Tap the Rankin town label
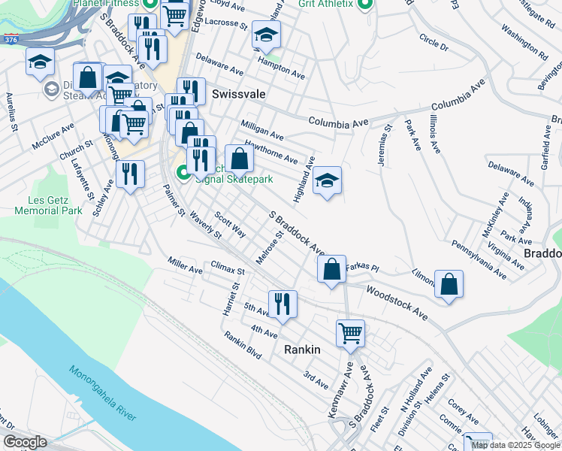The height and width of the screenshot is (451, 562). (302, 350)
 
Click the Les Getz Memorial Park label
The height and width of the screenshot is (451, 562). (55, 206)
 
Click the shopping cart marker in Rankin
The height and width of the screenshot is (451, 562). (351, 333)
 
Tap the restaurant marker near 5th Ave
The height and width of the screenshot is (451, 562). (283, 304)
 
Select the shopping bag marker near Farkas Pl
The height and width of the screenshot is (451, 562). (331, 268)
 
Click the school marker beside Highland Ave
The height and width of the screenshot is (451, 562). (327, 180)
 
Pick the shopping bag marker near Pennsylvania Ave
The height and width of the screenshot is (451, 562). (449, 283)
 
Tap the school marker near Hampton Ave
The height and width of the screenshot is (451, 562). (265, 35)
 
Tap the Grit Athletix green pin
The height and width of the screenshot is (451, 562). (365, 6)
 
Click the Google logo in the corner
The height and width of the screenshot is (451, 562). (25, 442)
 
